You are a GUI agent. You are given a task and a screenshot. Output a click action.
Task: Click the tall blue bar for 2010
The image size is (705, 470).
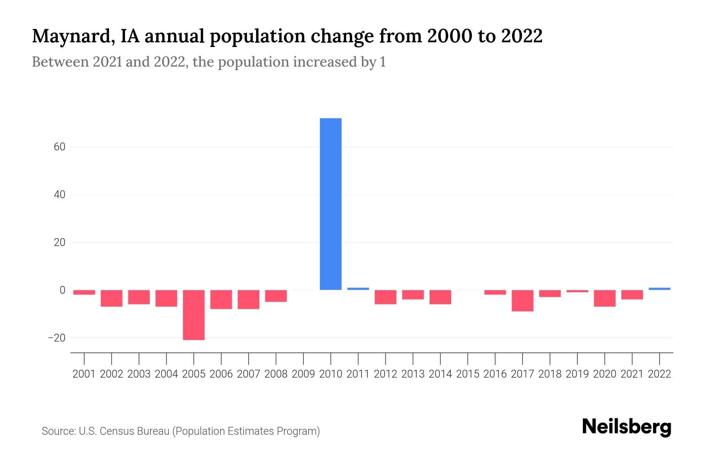tap(331, 204)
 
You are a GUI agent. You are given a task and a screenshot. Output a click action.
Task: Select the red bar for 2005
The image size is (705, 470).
tap(194, 315)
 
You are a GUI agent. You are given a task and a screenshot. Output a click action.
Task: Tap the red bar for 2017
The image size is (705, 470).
tap(522, 301)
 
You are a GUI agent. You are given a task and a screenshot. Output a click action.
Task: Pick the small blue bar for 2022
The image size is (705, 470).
tap(659, 289)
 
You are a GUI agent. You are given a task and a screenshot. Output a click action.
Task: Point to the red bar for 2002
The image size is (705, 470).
tap(112, 298)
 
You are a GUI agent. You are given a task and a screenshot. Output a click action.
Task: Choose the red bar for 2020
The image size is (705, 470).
tap(605, 298)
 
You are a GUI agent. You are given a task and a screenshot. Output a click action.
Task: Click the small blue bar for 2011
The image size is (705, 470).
tap(358, 289)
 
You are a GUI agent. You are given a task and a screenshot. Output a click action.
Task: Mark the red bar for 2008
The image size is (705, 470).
tap(276, 296)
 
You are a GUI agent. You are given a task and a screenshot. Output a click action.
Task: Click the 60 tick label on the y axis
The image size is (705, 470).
tap(60, 147)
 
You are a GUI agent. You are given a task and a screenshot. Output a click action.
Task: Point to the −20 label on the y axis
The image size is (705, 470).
tap(56, 338)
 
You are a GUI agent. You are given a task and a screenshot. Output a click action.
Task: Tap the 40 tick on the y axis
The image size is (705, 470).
tap(60, 195)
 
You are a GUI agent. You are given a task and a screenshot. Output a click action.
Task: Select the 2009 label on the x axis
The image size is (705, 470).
tap(303, 374)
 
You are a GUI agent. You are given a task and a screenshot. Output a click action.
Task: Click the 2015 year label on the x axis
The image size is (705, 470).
tap(468, 374)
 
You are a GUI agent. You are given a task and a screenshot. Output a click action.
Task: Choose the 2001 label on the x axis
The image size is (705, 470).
tap(84, 374)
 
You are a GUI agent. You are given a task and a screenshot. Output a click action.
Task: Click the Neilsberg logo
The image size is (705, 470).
tap(627, 427)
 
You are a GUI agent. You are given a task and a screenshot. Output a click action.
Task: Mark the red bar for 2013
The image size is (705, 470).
tap(413, 295)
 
